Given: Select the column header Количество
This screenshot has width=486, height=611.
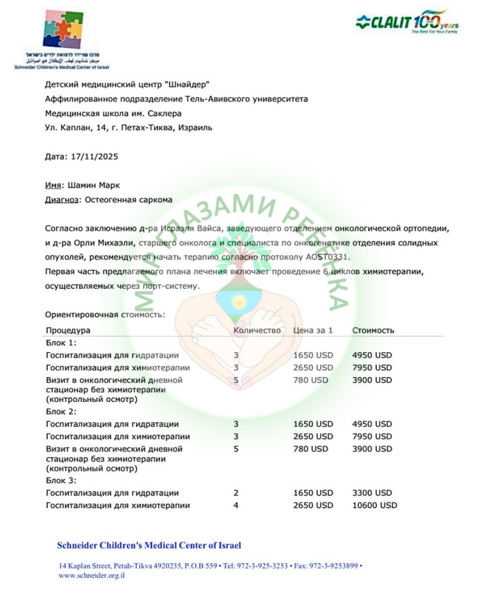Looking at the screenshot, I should (x=257, y=330).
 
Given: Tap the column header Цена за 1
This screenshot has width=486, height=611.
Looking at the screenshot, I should (x=313, y=330).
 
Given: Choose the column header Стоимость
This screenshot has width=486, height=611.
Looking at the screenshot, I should (x=373, y=330).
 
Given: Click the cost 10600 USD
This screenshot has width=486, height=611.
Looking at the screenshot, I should (x=374, y=505).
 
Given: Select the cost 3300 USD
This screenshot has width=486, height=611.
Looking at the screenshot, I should (x=372, y=493).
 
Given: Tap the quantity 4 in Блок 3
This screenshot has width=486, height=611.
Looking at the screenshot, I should (x=236, y=505).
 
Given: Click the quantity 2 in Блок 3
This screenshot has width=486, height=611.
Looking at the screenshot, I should (x=236, y=493).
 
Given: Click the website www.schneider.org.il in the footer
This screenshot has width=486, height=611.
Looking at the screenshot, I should (x=91, y=576).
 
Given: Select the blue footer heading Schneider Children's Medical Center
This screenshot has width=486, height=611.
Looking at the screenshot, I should (x=153, y=545).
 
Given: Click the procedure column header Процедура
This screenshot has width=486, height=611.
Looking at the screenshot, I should (x=68, y=330).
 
